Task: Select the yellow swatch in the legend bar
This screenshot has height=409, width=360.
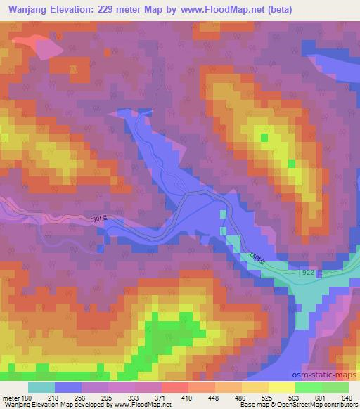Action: [281, 387]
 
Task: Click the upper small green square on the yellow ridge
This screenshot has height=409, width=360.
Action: [264, 138]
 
